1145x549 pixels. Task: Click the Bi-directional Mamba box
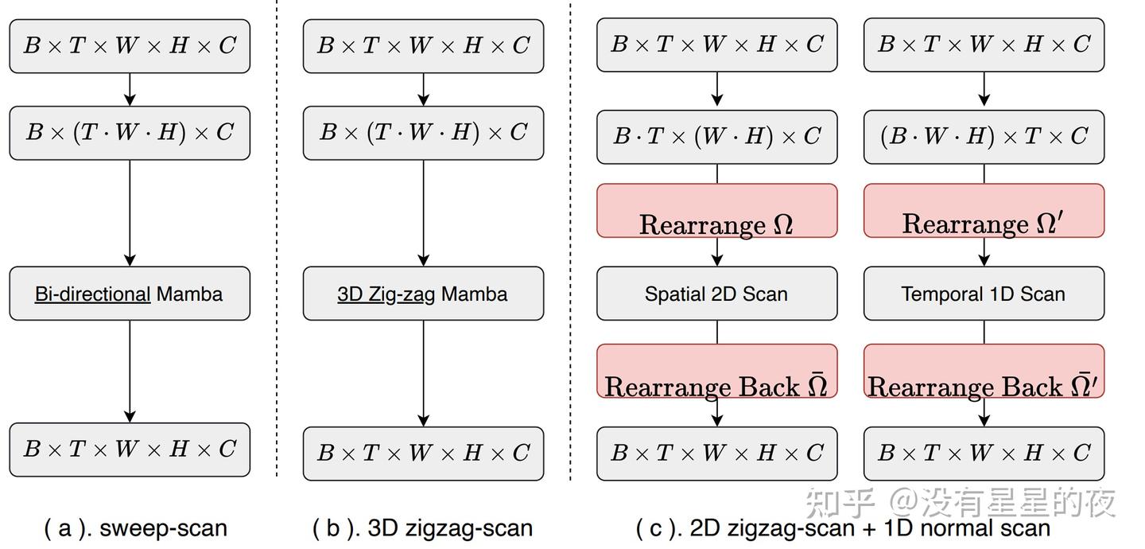(130, 294)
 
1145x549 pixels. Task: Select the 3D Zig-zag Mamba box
(423, 294)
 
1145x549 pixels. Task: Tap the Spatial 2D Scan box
(716, 294)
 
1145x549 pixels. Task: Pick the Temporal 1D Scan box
(984, 294)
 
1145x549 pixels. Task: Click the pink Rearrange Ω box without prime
(716, 211)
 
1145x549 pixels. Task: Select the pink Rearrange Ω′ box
(984, 211)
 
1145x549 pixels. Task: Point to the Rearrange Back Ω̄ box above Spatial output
(716, 371)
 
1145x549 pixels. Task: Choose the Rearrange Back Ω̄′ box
(984, 371)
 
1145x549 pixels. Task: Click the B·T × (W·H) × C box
(716, 137)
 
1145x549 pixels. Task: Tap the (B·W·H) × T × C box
(984, 137)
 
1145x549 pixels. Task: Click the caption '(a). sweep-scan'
(135, 528)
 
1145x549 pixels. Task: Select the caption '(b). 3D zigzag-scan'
(422, 528)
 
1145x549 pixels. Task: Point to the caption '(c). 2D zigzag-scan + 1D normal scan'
(843, 528)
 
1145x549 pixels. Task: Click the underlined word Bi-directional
(92, 294)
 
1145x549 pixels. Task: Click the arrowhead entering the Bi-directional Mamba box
(130, 260)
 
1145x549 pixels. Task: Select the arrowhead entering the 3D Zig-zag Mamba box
(423, 260)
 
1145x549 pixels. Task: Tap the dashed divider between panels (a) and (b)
(277, 239)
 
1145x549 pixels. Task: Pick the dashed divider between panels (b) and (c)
(570, 239)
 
